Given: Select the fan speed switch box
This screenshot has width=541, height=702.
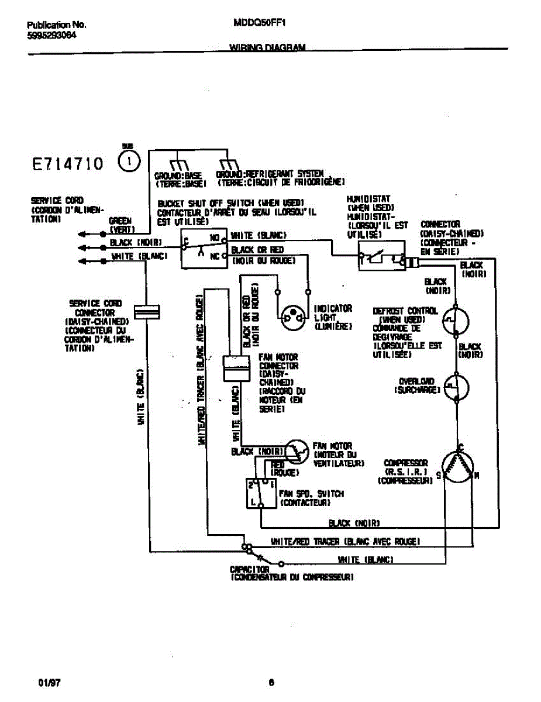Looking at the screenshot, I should (260, 493).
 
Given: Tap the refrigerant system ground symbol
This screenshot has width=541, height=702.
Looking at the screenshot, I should (228, 164).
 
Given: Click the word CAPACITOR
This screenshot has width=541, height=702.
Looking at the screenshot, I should (249, 569).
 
